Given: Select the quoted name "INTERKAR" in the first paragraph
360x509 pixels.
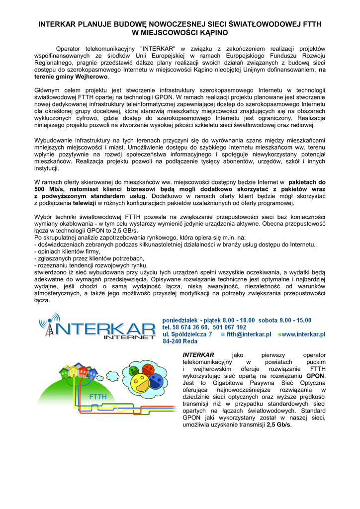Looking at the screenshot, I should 158,49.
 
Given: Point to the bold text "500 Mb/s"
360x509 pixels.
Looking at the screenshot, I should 47,189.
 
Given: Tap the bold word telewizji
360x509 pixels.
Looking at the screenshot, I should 84,203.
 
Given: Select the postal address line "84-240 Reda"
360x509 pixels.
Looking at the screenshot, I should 180,342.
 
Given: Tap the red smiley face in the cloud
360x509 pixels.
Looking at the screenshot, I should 147,369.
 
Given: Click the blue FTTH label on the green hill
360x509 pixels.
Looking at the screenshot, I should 97,397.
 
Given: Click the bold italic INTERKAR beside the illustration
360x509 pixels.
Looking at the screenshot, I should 198,355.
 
